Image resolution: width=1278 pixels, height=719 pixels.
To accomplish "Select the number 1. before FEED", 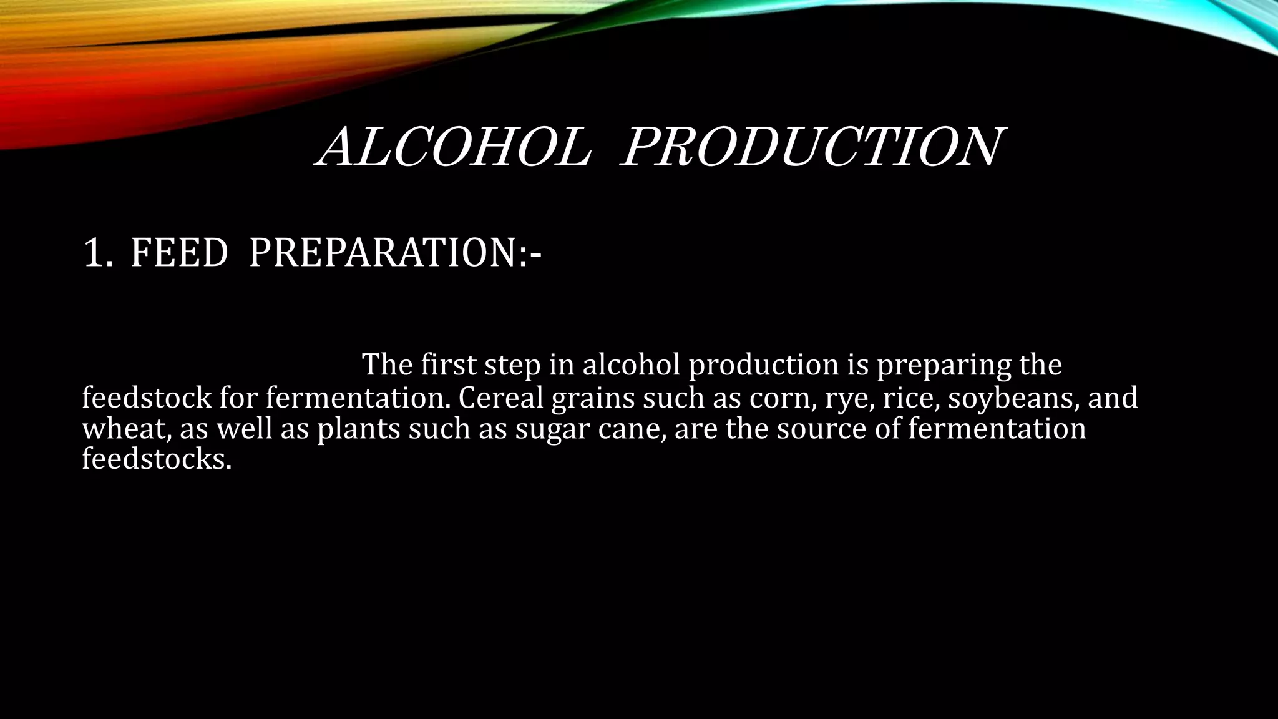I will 98,253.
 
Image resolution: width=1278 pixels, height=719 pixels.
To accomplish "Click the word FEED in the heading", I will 179,253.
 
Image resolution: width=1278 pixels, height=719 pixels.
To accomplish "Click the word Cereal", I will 501,398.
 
